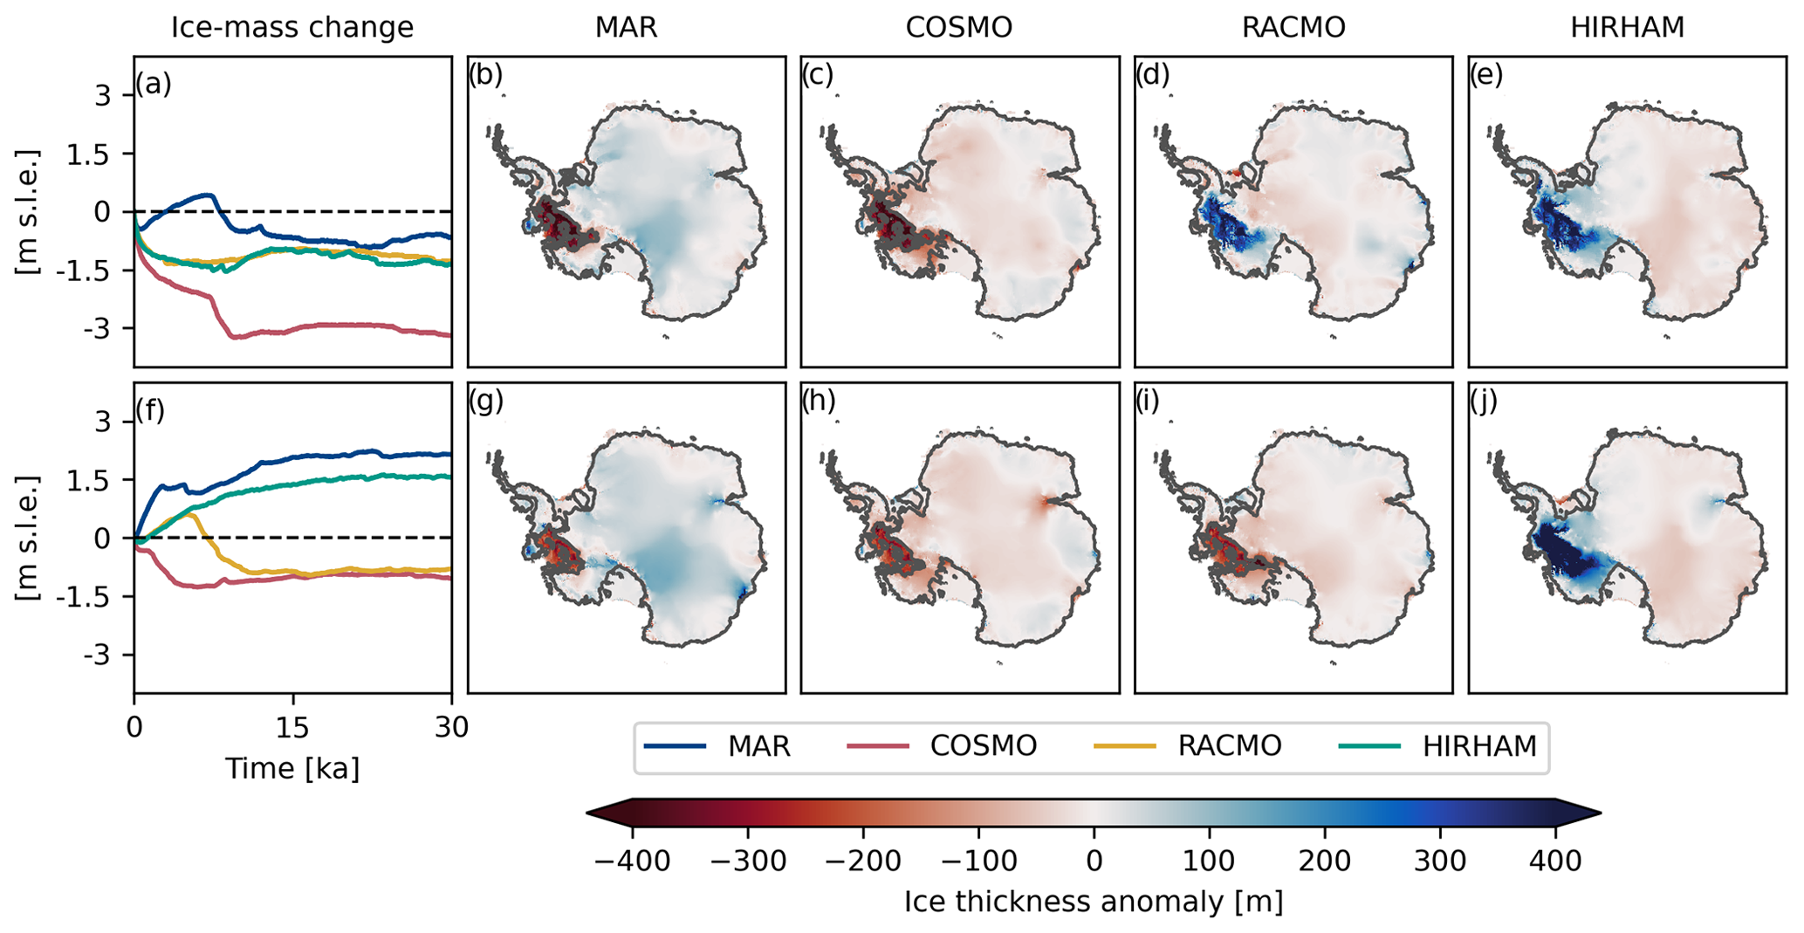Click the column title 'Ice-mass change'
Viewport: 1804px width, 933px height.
click(292, 28)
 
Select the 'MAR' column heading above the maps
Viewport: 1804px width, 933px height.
click(626, 28)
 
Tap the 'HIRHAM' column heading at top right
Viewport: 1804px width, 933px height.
click(1627, 28)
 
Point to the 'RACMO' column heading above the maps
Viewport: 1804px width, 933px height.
click(1293, 28)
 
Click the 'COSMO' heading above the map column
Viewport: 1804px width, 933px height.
click(959, 28)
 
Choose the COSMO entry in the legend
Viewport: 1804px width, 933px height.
click(983, 746)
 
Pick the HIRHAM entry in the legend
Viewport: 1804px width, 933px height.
click(1479, 746)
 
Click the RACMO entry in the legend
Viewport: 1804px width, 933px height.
click(1229, 746)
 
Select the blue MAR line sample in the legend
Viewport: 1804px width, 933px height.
click(675, 746)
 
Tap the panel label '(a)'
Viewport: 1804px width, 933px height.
click(153, 85)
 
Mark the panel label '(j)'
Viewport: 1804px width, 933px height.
click(1484, 401)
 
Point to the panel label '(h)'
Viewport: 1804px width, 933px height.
click(819, 401)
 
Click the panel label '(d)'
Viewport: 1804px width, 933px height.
click(1152, 76)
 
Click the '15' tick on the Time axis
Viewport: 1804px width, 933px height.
click(292, 726)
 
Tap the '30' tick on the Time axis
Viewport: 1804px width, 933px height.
click(451, 726)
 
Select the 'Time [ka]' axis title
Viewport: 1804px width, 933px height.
click(292, 768)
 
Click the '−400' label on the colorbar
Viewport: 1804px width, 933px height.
click(632, 861)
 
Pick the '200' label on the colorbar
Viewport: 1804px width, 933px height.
click(1324, 861)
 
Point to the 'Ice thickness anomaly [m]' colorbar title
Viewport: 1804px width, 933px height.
click(1093, 902)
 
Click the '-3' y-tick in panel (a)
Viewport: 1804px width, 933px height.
click(102, 329)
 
